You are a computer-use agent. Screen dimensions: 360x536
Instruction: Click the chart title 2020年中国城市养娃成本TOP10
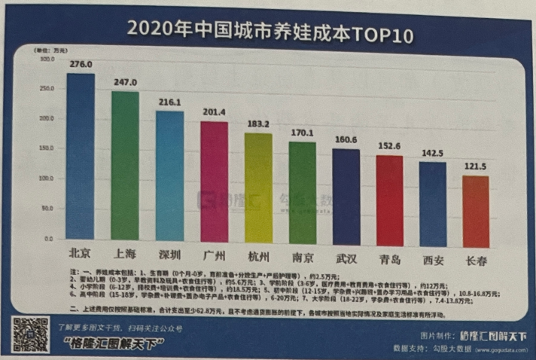pyautogui.click(x=269, y=32)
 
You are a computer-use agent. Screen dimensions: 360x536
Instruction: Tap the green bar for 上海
pyautogui.click(x=125, y=166)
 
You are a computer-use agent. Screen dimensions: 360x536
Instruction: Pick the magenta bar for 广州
pyautogui.click(x=214, y=181)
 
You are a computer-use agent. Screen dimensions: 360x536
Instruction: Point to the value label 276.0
pyautogui.click(x=81, y=66)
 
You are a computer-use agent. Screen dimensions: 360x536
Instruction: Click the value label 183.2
pyautogui.click(x=258, y=124)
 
